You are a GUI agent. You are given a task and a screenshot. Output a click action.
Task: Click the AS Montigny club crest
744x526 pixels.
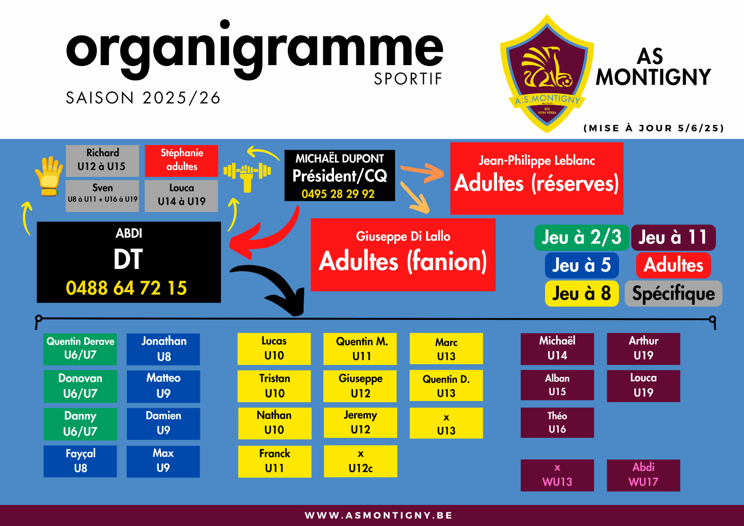coord(547,74)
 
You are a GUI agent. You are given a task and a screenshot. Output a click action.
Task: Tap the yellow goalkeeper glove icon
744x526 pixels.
coord(49,176)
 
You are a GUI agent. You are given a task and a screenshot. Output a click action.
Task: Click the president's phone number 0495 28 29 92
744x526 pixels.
coord(338,194)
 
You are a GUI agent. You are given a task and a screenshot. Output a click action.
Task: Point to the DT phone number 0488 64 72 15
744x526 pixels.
coord(126,288)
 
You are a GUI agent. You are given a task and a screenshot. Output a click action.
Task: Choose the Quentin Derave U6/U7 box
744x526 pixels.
coord(80,349)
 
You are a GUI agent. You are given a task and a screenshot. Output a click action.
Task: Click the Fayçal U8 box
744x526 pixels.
coord(80,461)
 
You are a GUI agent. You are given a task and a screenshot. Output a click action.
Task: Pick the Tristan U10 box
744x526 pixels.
coord(274,386)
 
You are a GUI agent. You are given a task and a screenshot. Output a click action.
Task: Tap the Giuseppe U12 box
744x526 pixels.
coord(360,386)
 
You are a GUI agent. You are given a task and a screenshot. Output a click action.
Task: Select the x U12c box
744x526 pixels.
coord(360,461)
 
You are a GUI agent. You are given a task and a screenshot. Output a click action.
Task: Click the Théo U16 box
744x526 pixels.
coord(557,423)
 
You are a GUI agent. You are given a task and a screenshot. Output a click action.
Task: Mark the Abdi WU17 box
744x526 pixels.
coord(643,475)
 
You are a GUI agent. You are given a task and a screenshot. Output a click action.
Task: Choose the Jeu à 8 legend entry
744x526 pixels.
coord(582,293)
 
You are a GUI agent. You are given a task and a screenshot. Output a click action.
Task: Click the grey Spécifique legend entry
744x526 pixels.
coord(673,293)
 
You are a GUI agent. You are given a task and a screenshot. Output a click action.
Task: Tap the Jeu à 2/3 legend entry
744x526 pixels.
coord(582,237)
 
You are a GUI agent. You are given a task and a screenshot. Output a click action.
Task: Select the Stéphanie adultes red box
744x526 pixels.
coord(181,160)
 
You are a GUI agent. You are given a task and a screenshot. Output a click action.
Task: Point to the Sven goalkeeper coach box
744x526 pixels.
coord(102,196)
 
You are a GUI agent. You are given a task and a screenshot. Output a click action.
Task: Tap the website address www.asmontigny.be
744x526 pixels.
coord(379,515)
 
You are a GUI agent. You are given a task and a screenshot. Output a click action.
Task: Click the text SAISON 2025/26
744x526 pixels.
coord(143,98)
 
